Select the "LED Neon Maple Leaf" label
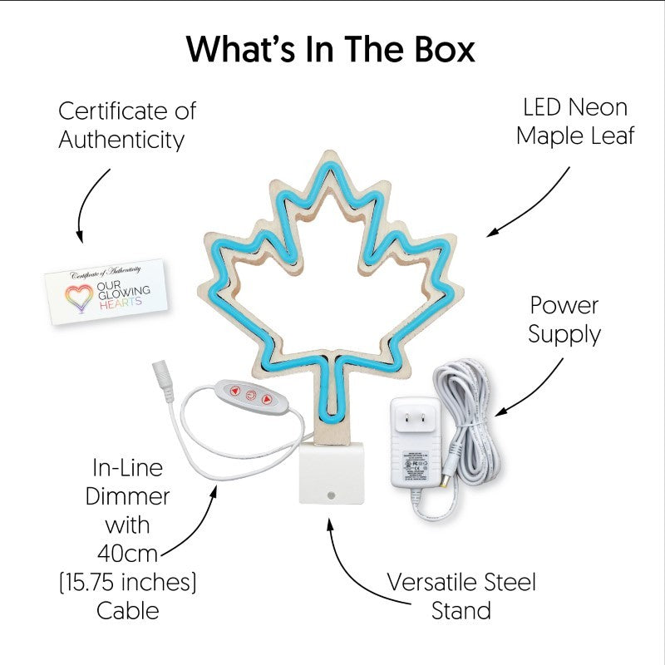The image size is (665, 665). [574, 121]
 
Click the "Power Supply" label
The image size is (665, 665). [564, 319]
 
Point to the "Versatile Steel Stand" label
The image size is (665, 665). [461, 596]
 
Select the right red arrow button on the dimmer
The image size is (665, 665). [267, 399]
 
